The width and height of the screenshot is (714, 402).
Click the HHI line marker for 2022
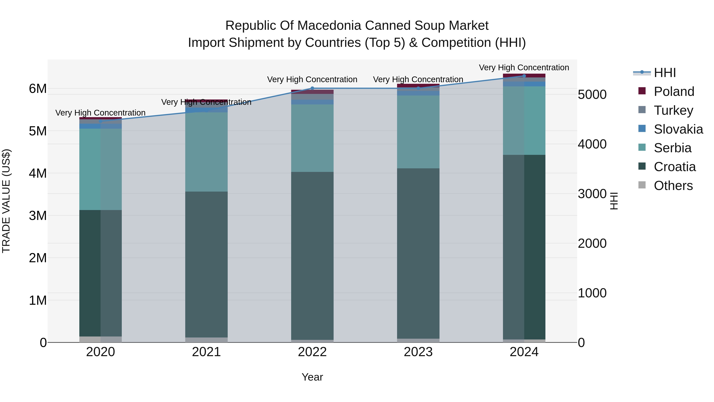click(x=312, y=88)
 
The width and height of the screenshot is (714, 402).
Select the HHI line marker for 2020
click(x=100, y=121)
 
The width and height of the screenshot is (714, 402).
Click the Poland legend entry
click(x=674, y=92)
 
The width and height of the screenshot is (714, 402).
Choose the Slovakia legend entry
click(x=678, y=129)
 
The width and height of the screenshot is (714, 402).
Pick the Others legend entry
click(x=673, y=186)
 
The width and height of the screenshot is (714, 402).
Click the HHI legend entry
click(x=665, y=73)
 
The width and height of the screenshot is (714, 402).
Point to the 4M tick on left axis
click(x=38, y=173)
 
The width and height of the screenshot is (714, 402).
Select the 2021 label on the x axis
click(x=206, y=352)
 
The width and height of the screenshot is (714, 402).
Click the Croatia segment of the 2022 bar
click(x=312, y=255)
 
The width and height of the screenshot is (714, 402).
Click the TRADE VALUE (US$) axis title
click(x=6, y=201)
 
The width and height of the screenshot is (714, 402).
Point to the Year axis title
click(x=312, y=377)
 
